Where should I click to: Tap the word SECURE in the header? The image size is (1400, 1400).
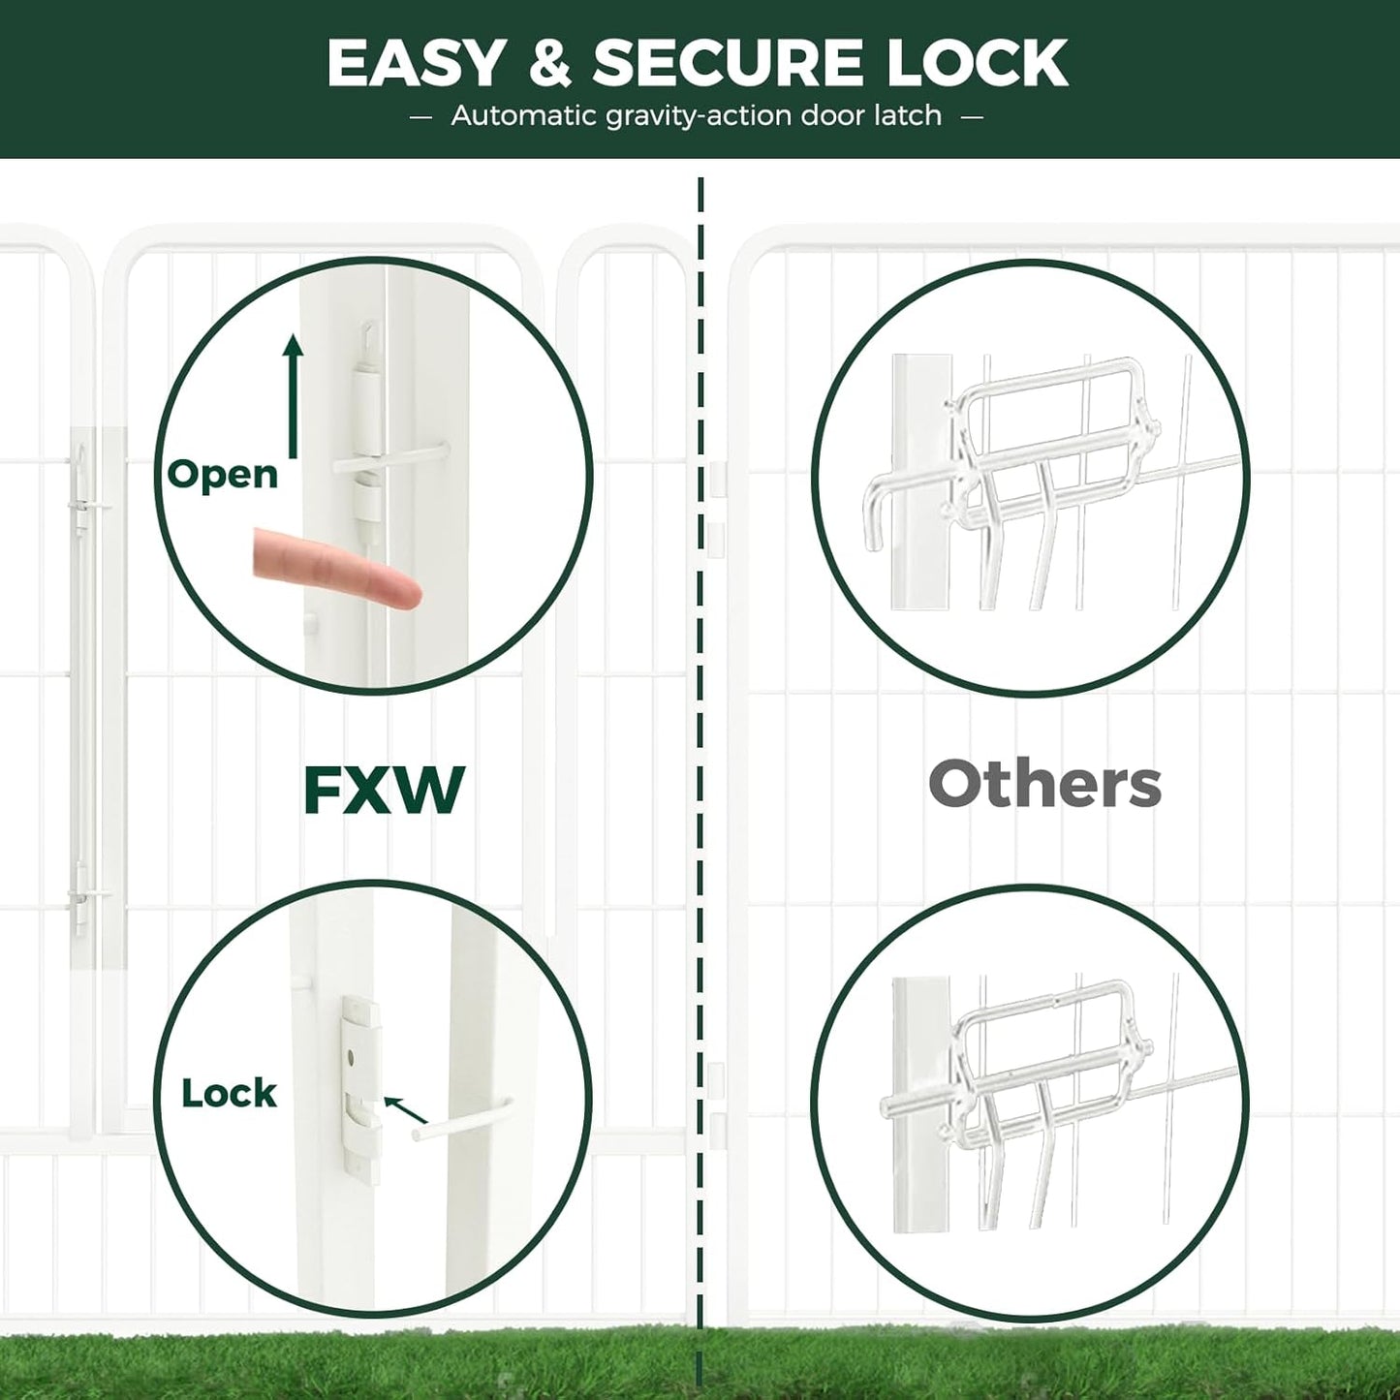pyautogui.click(x=727, y=64)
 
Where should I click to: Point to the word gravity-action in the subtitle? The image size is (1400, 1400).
pyautogui.click(x=699, y=116)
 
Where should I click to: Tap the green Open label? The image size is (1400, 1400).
pyautogui.click(x=222, y=475)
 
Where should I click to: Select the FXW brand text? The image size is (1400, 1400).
pyautogui.click(x=384, y=791)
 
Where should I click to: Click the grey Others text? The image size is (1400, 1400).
pyautogui.click(x=1044, y=785)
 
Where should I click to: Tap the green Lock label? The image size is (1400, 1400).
pyautogui.click(x=229, y=1094)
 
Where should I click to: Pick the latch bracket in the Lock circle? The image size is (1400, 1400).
pyautogui.click(x=359, y=1085)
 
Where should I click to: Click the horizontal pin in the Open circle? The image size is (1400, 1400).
pyautogui.click(x=392, y=459)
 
